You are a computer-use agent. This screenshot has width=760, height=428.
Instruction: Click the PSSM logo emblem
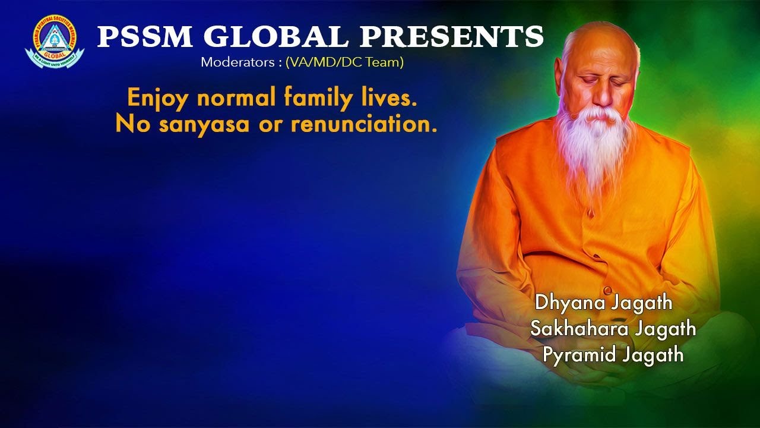54,42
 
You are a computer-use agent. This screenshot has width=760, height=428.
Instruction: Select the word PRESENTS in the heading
452,37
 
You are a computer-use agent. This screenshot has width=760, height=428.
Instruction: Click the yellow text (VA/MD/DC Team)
344,62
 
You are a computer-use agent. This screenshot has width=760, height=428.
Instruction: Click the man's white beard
594,143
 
